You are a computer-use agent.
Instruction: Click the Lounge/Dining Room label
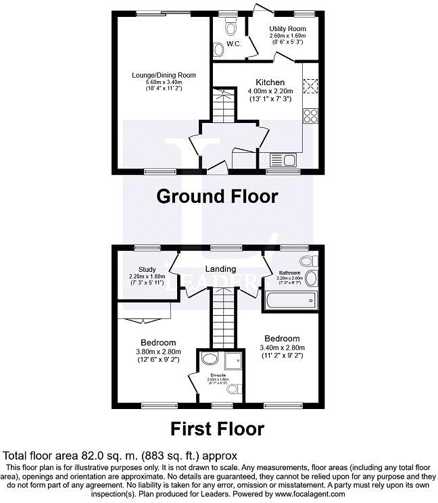tap(159, 74)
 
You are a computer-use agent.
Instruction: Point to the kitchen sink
tap(283, 160)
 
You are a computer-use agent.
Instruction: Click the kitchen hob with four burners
tap(311, 116)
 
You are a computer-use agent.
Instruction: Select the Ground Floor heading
tap(217, 196)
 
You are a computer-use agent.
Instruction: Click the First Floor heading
tap(217, 428)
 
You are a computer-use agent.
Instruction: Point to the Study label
tap(147, 270)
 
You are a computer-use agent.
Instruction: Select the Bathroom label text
tap(291, 272)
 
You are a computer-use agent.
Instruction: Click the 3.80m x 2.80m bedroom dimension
tap(158, 352)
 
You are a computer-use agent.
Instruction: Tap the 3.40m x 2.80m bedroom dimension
tap(283, 348)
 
